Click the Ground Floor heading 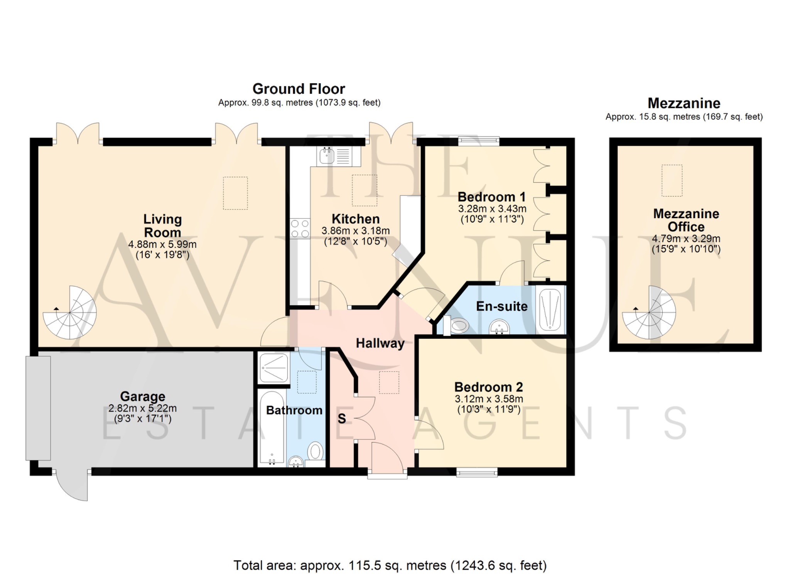pyautogui.click(x=299, y=89)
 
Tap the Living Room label pyautogui.click(x=162, y=226)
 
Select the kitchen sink pyautogui.click(x=327, y=155)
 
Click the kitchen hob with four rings pyautogui.click(x=300, y=228)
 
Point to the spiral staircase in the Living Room pyautogui.click(x=70, y=313)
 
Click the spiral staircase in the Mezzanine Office pyautogui.click(x=649, y=312)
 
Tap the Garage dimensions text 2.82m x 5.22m pyautogui.click(x=142, y=408)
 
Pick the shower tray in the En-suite pyautogui.click(x=550, y=310)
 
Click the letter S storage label pyautogui.click(x=342, y=419)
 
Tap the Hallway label pyautogui.click(x=380, y=343)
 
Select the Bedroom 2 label pyautogui.click(x=488, y=387)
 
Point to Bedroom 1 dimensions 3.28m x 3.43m pyautogui.click(x=492, y=209)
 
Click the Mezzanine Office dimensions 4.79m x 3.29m pyautogui.click(x=686, y=239)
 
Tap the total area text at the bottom pyautogui.click(x=390, y=566)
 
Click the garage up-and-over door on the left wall pyautogui.click(x=38, y=408)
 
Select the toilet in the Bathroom pyautogui.click(x=316, y=452)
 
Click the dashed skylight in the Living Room pyautogui.click(x=235, y=193)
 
